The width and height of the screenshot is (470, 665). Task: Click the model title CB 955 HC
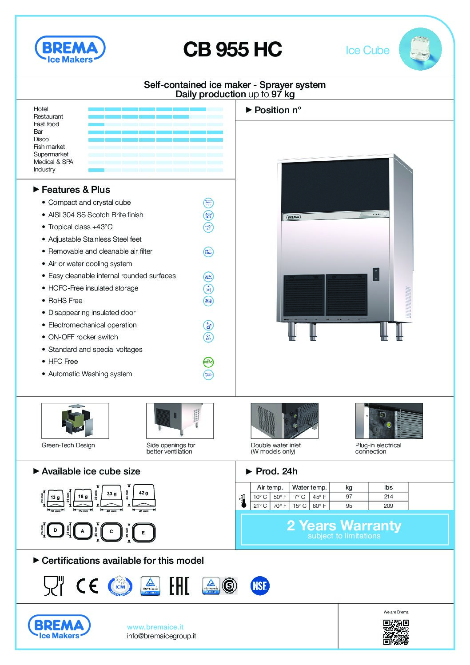pos(232,50)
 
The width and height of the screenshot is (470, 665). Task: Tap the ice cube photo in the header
pos(420,49)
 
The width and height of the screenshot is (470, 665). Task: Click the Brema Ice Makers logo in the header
pos(70,50)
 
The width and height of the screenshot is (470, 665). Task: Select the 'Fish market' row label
pos(49,147)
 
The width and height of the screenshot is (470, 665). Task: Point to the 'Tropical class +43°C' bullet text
pos(80,227)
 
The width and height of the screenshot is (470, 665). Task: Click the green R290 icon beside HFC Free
pos(208,362)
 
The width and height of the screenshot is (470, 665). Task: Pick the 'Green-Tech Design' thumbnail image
pos(75,421)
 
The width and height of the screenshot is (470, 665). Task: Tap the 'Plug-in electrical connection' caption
pos(378,448)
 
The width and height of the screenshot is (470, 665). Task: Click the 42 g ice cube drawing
pos(143,496)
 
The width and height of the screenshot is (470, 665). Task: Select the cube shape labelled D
pos(56,530)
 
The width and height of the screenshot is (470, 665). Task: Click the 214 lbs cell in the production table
pos(388,497)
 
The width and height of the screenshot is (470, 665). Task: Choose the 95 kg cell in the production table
pos(349,506)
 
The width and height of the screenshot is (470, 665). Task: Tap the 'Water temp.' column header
pos(309,487)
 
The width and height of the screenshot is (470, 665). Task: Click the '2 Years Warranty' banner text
pos(344,526)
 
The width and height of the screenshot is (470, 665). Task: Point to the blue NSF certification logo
pos(260,586)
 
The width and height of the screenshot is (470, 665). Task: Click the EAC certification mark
pos(179,586)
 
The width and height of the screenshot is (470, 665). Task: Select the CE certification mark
pos(87,586)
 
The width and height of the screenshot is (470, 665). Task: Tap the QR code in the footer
pos(396,632)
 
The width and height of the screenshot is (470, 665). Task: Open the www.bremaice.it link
pos(155,627)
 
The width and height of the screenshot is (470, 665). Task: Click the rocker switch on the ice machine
pos(376,274)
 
